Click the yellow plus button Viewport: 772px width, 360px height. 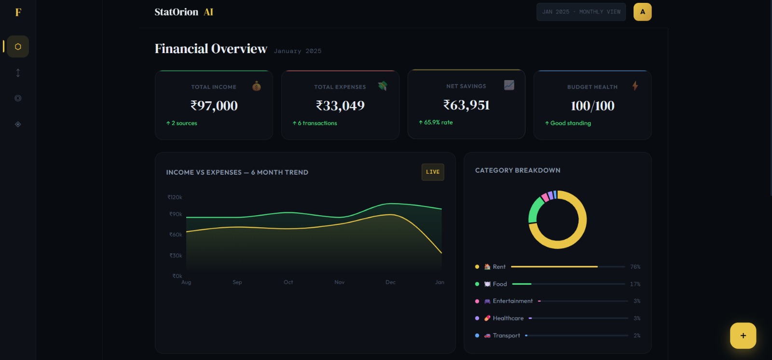(x=743, y=335)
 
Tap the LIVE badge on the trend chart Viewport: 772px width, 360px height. (x=433, y=172)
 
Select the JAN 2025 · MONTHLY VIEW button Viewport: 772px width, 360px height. (x=581, y=12)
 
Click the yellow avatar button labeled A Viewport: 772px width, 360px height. (x=642, y=12)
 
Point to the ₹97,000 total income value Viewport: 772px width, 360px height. (x=214, y=106)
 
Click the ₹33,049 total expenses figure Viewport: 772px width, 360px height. (x=340, y=106)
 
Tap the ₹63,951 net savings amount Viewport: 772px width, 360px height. (x=466, y=105)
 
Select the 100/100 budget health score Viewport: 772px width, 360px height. (x=593, y=106)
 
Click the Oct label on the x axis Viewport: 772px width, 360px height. (x=288, y=282)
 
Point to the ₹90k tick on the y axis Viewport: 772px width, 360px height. (x=176, y=214)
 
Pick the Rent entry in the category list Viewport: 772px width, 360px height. (x=499, y=267)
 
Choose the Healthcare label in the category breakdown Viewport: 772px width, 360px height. (x=508, y=318)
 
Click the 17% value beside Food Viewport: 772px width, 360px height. (x=635, y=284)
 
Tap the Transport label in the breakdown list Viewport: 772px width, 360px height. (x=506, y=336)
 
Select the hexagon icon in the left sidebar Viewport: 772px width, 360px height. (x=18, y=47)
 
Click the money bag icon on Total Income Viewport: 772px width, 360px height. (x=257, y=86)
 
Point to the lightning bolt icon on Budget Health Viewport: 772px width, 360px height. (x=635, y=86)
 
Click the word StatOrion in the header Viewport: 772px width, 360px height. (x=176, y=12)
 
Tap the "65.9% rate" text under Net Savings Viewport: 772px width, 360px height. (x=438, y=123)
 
